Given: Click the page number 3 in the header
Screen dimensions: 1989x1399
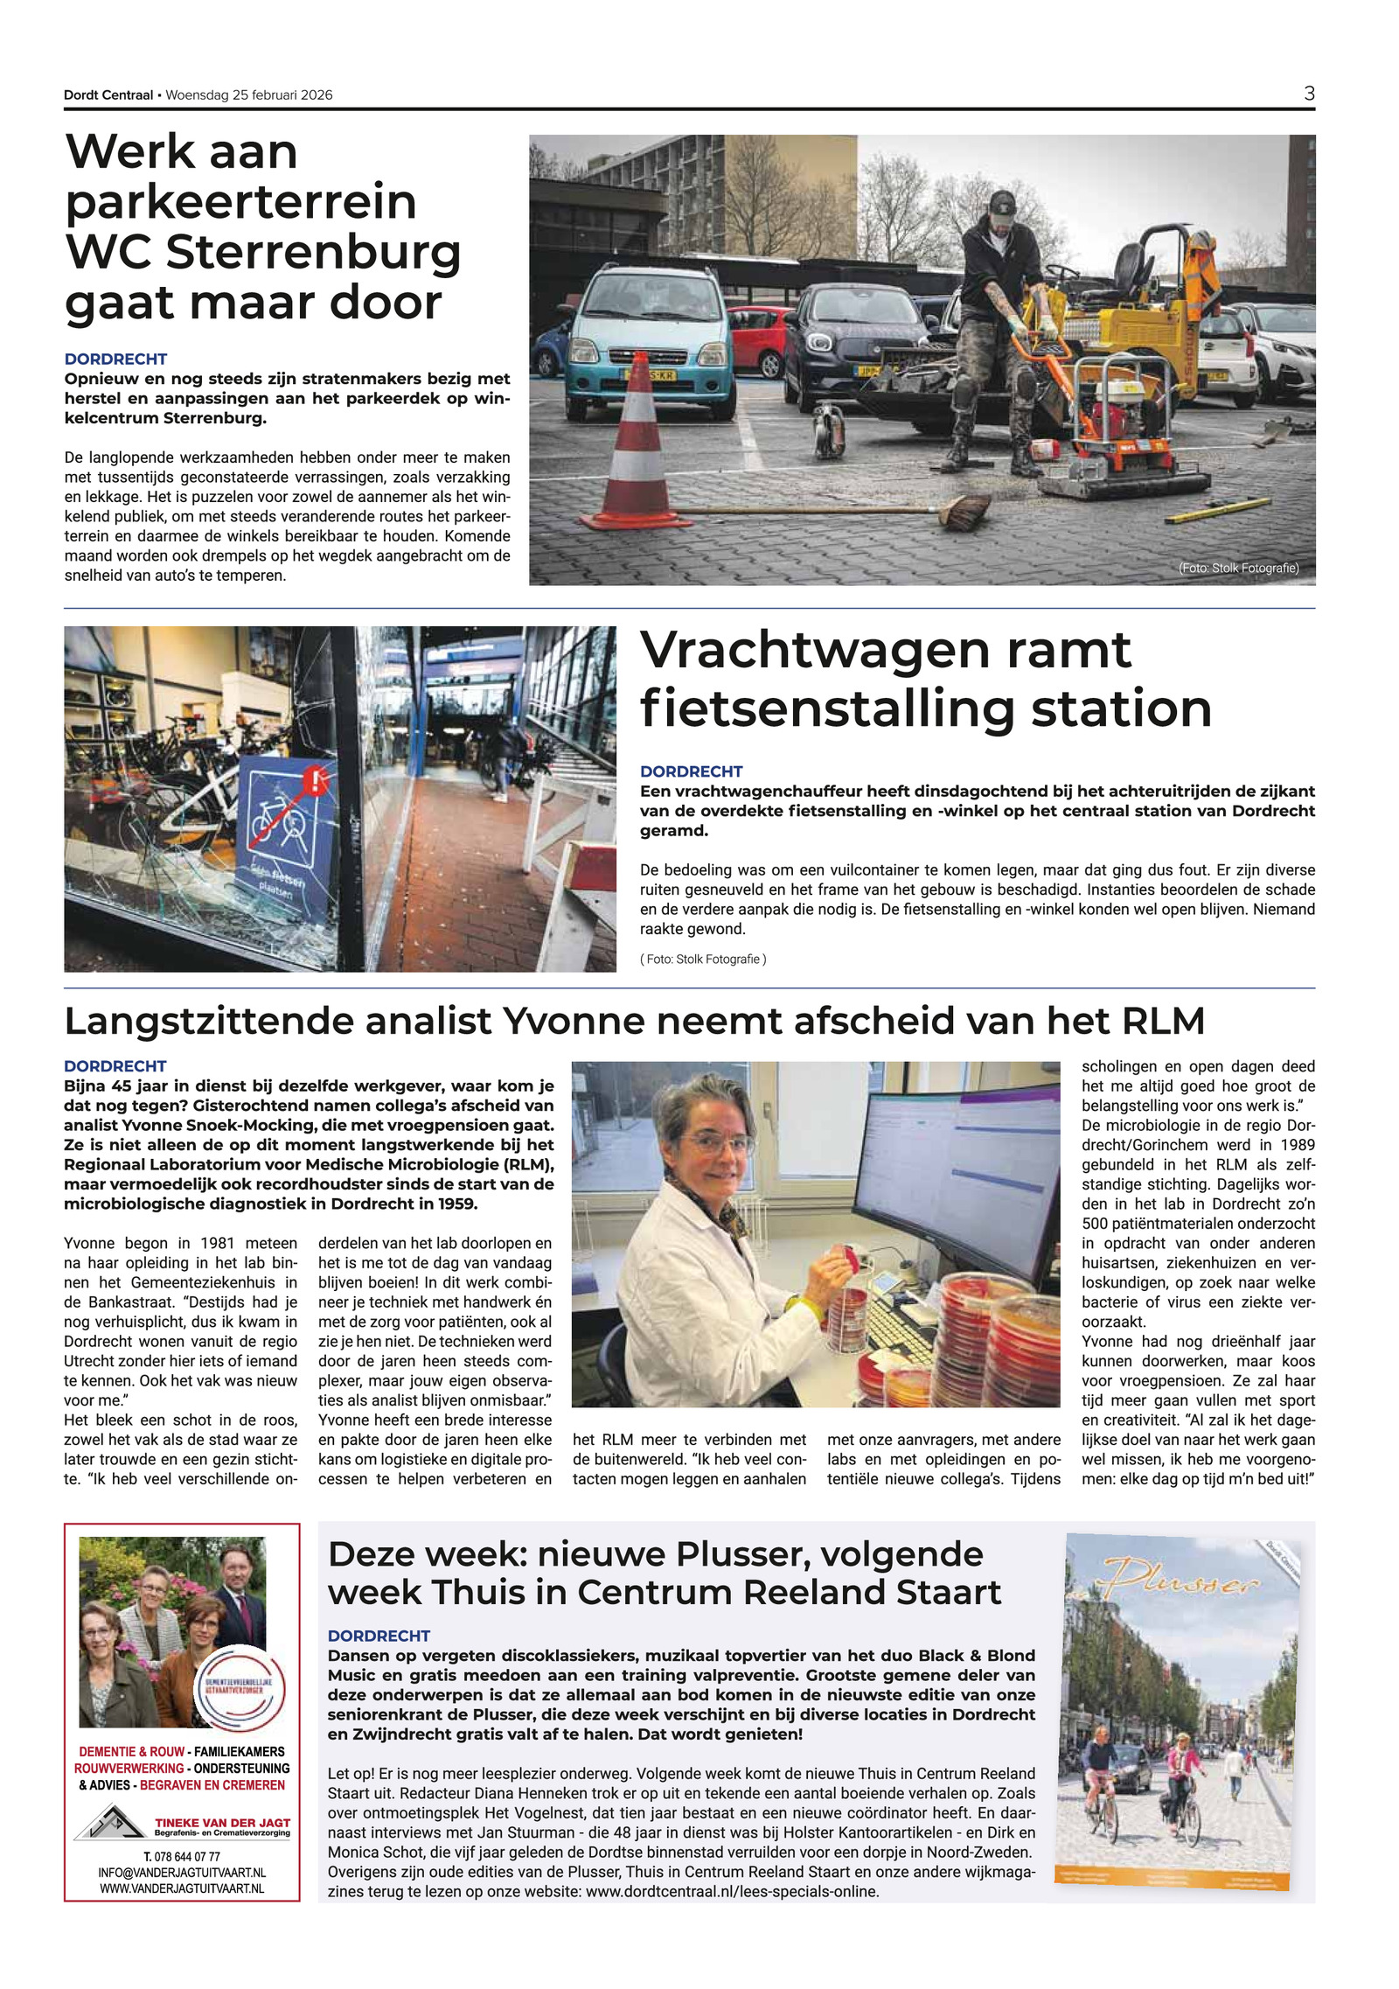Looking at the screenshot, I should coord(1309,94).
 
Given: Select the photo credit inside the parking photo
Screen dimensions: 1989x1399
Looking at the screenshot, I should coord(1238,569).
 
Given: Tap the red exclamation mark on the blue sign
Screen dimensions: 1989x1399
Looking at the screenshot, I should coord(316,780).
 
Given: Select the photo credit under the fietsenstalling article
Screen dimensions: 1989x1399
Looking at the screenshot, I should coord(703,960).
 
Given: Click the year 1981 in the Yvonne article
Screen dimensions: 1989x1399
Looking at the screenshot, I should coord(217,1243).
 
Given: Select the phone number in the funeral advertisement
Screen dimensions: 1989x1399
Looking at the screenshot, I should coord(182,1857).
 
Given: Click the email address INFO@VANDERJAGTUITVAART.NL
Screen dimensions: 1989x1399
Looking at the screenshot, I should coord(182,1873).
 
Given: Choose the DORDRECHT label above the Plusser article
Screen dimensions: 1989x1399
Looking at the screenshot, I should coord(379,1636).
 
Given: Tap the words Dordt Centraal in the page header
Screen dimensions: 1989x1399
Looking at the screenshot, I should coord(108,95).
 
